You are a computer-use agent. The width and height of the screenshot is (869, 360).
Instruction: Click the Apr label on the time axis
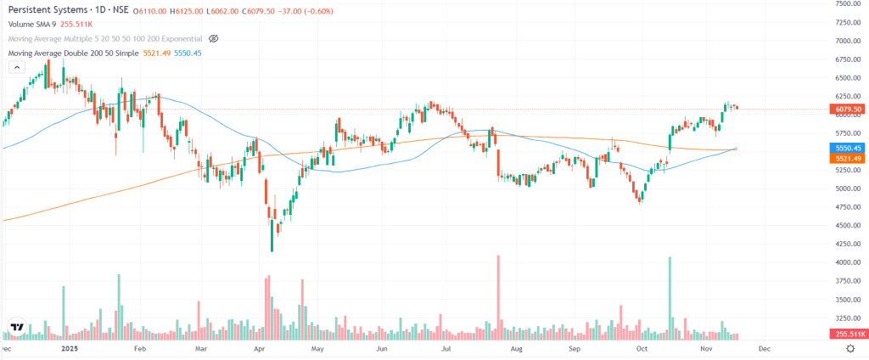pyautogui.click(x=261, y=349)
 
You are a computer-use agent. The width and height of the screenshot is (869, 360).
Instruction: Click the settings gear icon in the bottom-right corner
pyautogui.click(x=849, y=349)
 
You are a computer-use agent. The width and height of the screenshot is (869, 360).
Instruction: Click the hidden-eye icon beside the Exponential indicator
pyautogui.click(x=214, y=39)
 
